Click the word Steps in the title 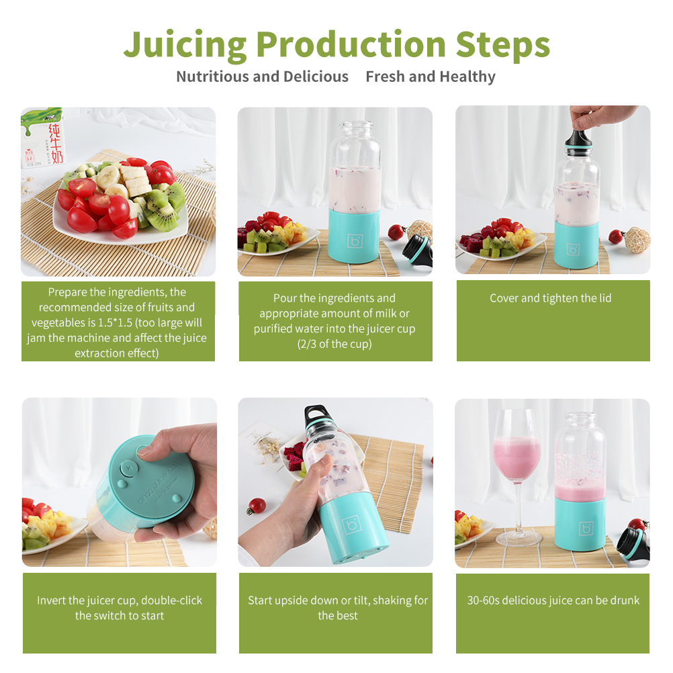pyautogui.click(x=502, y=44)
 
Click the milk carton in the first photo pyautogui.click(x=43, y=137)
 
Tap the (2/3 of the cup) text pyautogui.click(x=334, y=345)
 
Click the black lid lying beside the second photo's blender pyautogui.click(x=417, y=251)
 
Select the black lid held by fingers pyautogui.click(x=578, y=139)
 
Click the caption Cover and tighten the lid pyautogui.click(x=550, y=298)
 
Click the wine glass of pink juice pyautogui.click(x=517, y=476)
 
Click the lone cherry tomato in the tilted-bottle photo pyautogui.click(x=257, y=506)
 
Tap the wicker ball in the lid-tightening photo pyautogui.click(x=637, y=240)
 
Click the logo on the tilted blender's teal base pyautogui.click(x=352, y=525)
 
